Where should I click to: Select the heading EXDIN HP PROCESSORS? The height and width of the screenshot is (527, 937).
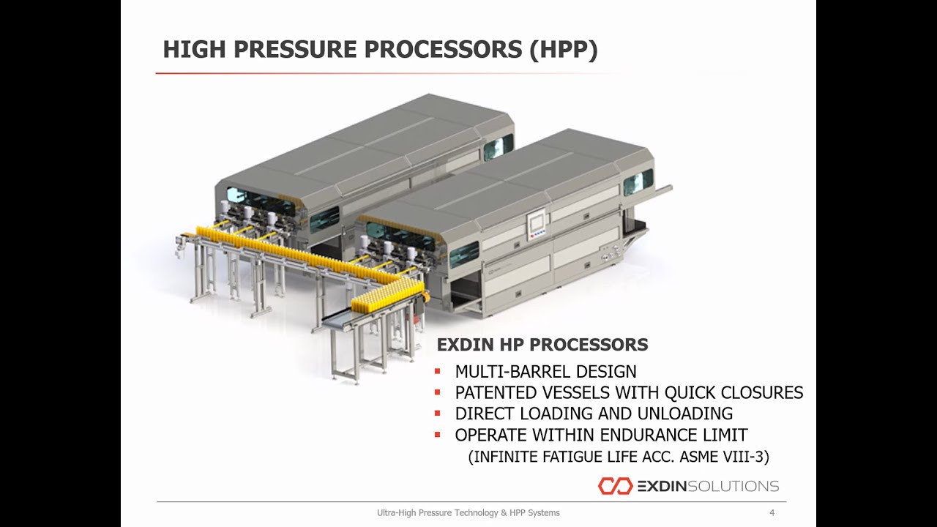point(542,344)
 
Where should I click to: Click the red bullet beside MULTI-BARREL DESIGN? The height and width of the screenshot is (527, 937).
point(437,371)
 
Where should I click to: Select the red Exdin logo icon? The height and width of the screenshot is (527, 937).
point(614,486)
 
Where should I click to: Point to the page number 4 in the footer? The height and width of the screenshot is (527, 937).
point(772,513)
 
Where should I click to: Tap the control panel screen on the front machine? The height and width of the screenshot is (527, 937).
point(537,220)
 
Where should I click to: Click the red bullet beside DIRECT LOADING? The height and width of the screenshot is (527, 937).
point(437,414)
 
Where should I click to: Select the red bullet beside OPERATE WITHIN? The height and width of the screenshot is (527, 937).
point(437,435)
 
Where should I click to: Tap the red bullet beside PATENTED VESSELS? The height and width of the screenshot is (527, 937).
point(437,393)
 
